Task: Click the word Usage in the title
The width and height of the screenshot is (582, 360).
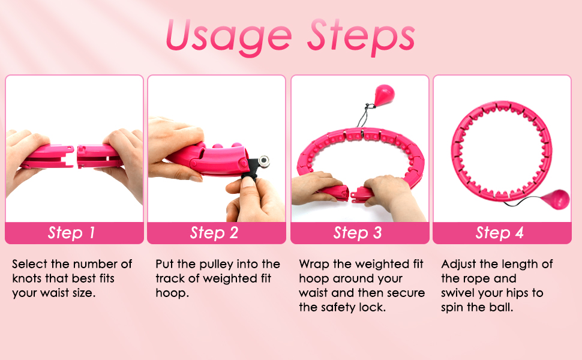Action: tap(229, 37)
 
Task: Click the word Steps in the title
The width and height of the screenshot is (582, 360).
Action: tap(361, 37)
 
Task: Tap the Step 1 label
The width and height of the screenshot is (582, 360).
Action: tap(71, 233)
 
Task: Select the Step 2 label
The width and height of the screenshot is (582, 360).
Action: tap(214, 233)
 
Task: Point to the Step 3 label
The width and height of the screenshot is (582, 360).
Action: tap(358, 233)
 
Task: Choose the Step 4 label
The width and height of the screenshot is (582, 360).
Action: tap(500, 233)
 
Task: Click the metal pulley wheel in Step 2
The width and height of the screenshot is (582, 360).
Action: tap(264, 161)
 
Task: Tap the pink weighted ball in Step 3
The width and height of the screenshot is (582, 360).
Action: tap(384, 95)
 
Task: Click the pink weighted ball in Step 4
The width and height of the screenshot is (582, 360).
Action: tap(556, 199)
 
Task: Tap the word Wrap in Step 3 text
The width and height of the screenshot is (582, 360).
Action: tap(314, 264)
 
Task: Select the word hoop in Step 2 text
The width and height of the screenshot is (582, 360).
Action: tap(172, 293)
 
